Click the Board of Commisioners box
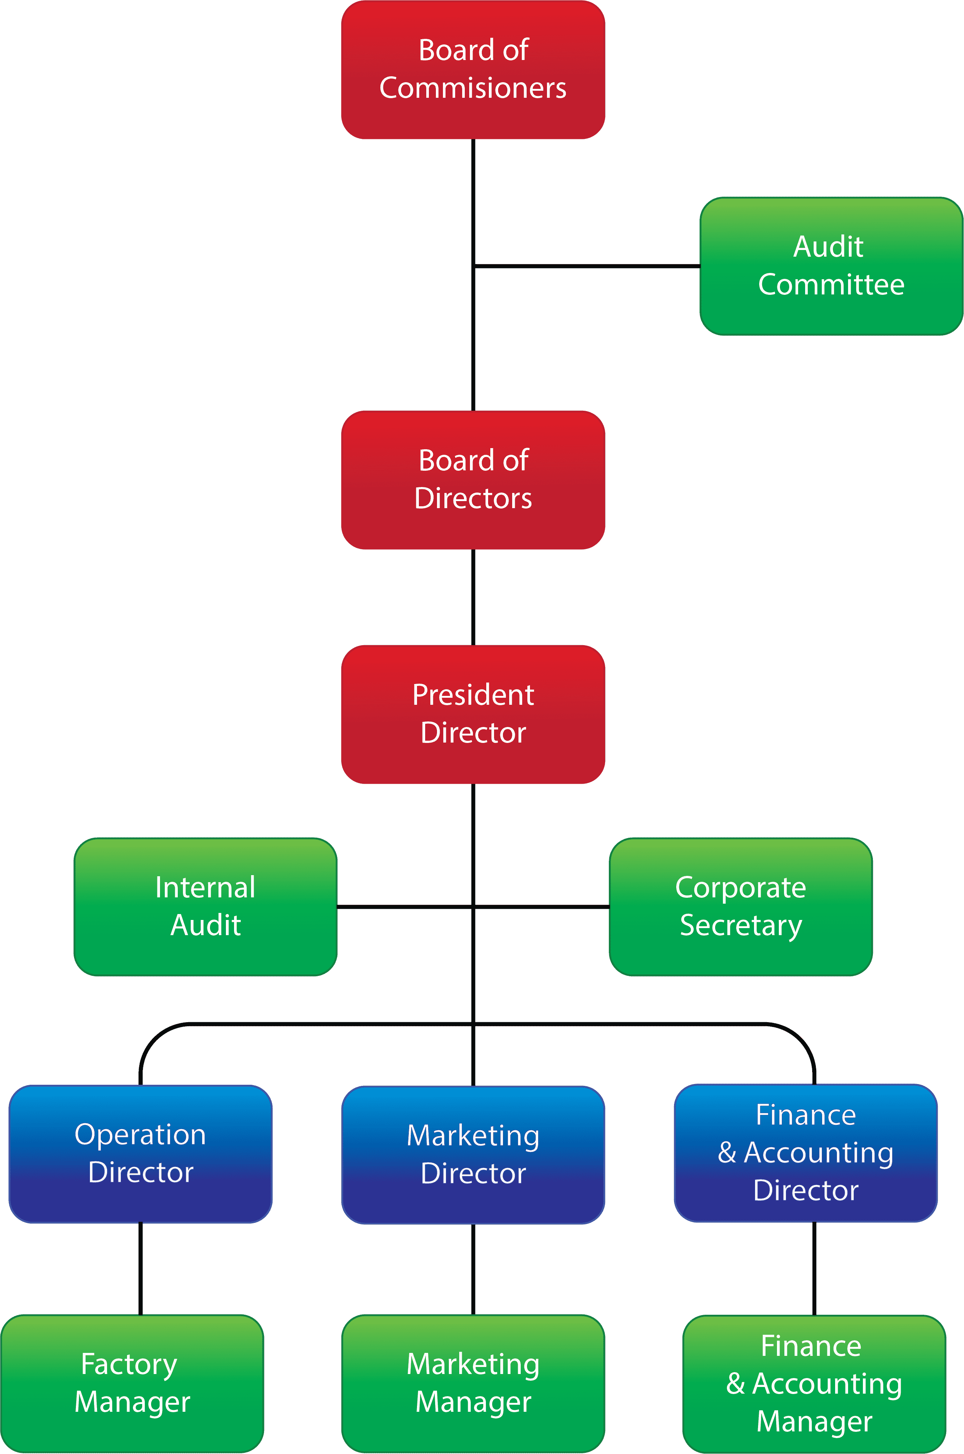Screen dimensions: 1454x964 473,70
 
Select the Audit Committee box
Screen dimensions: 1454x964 831,266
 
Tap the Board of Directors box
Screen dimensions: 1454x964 473,480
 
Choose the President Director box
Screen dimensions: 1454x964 473,714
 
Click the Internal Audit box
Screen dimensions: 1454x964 205,906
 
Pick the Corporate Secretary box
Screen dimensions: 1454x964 740,906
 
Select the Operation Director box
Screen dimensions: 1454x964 140,1153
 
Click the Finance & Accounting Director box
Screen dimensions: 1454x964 805,1153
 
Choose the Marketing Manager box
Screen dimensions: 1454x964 473,1383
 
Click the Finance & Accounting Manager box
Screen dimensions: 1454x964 814,1383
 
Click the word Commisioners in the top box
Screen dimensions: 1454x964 473,88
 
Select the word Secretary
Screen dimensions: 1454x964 741,925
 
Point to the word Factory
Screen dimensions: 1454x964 129,1364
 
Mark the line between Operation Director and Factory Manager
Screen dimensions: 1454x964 141,1268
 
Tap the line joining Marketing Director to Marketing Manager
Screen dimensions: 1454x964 473,1269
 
